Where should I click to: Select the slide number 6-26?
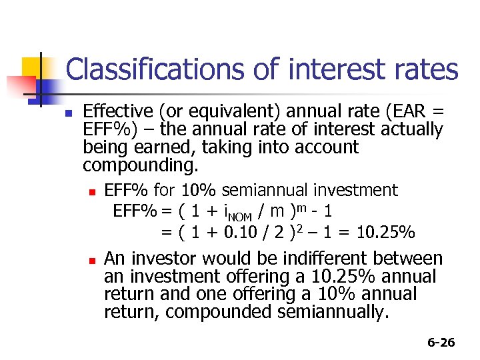point(441,343)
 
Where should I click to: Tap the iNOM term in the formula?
point(235,213)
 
